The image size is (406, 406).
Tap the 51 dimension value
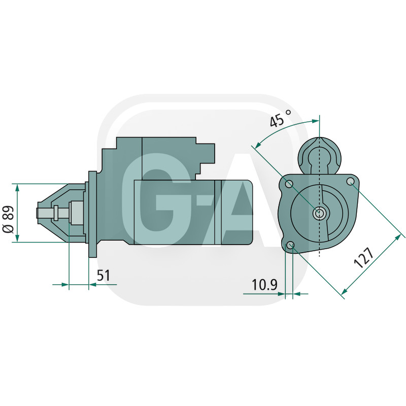(104, 275)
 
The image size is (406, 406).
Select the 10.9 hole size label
(264, 285)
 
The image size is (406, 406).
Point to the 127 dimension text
(364, 257)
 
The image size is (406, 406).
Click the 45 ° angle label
(280, 119)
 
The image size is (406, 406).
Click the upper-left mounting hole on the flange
(289, 184)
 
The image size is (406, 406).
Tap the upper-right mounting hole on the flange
(350, 181)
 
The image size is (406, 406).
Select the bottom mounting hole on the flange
(290, 245)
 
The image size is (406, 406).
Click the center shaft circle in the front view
(319, 213)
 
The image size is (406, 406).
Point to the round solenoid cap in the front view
(320, 156)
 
